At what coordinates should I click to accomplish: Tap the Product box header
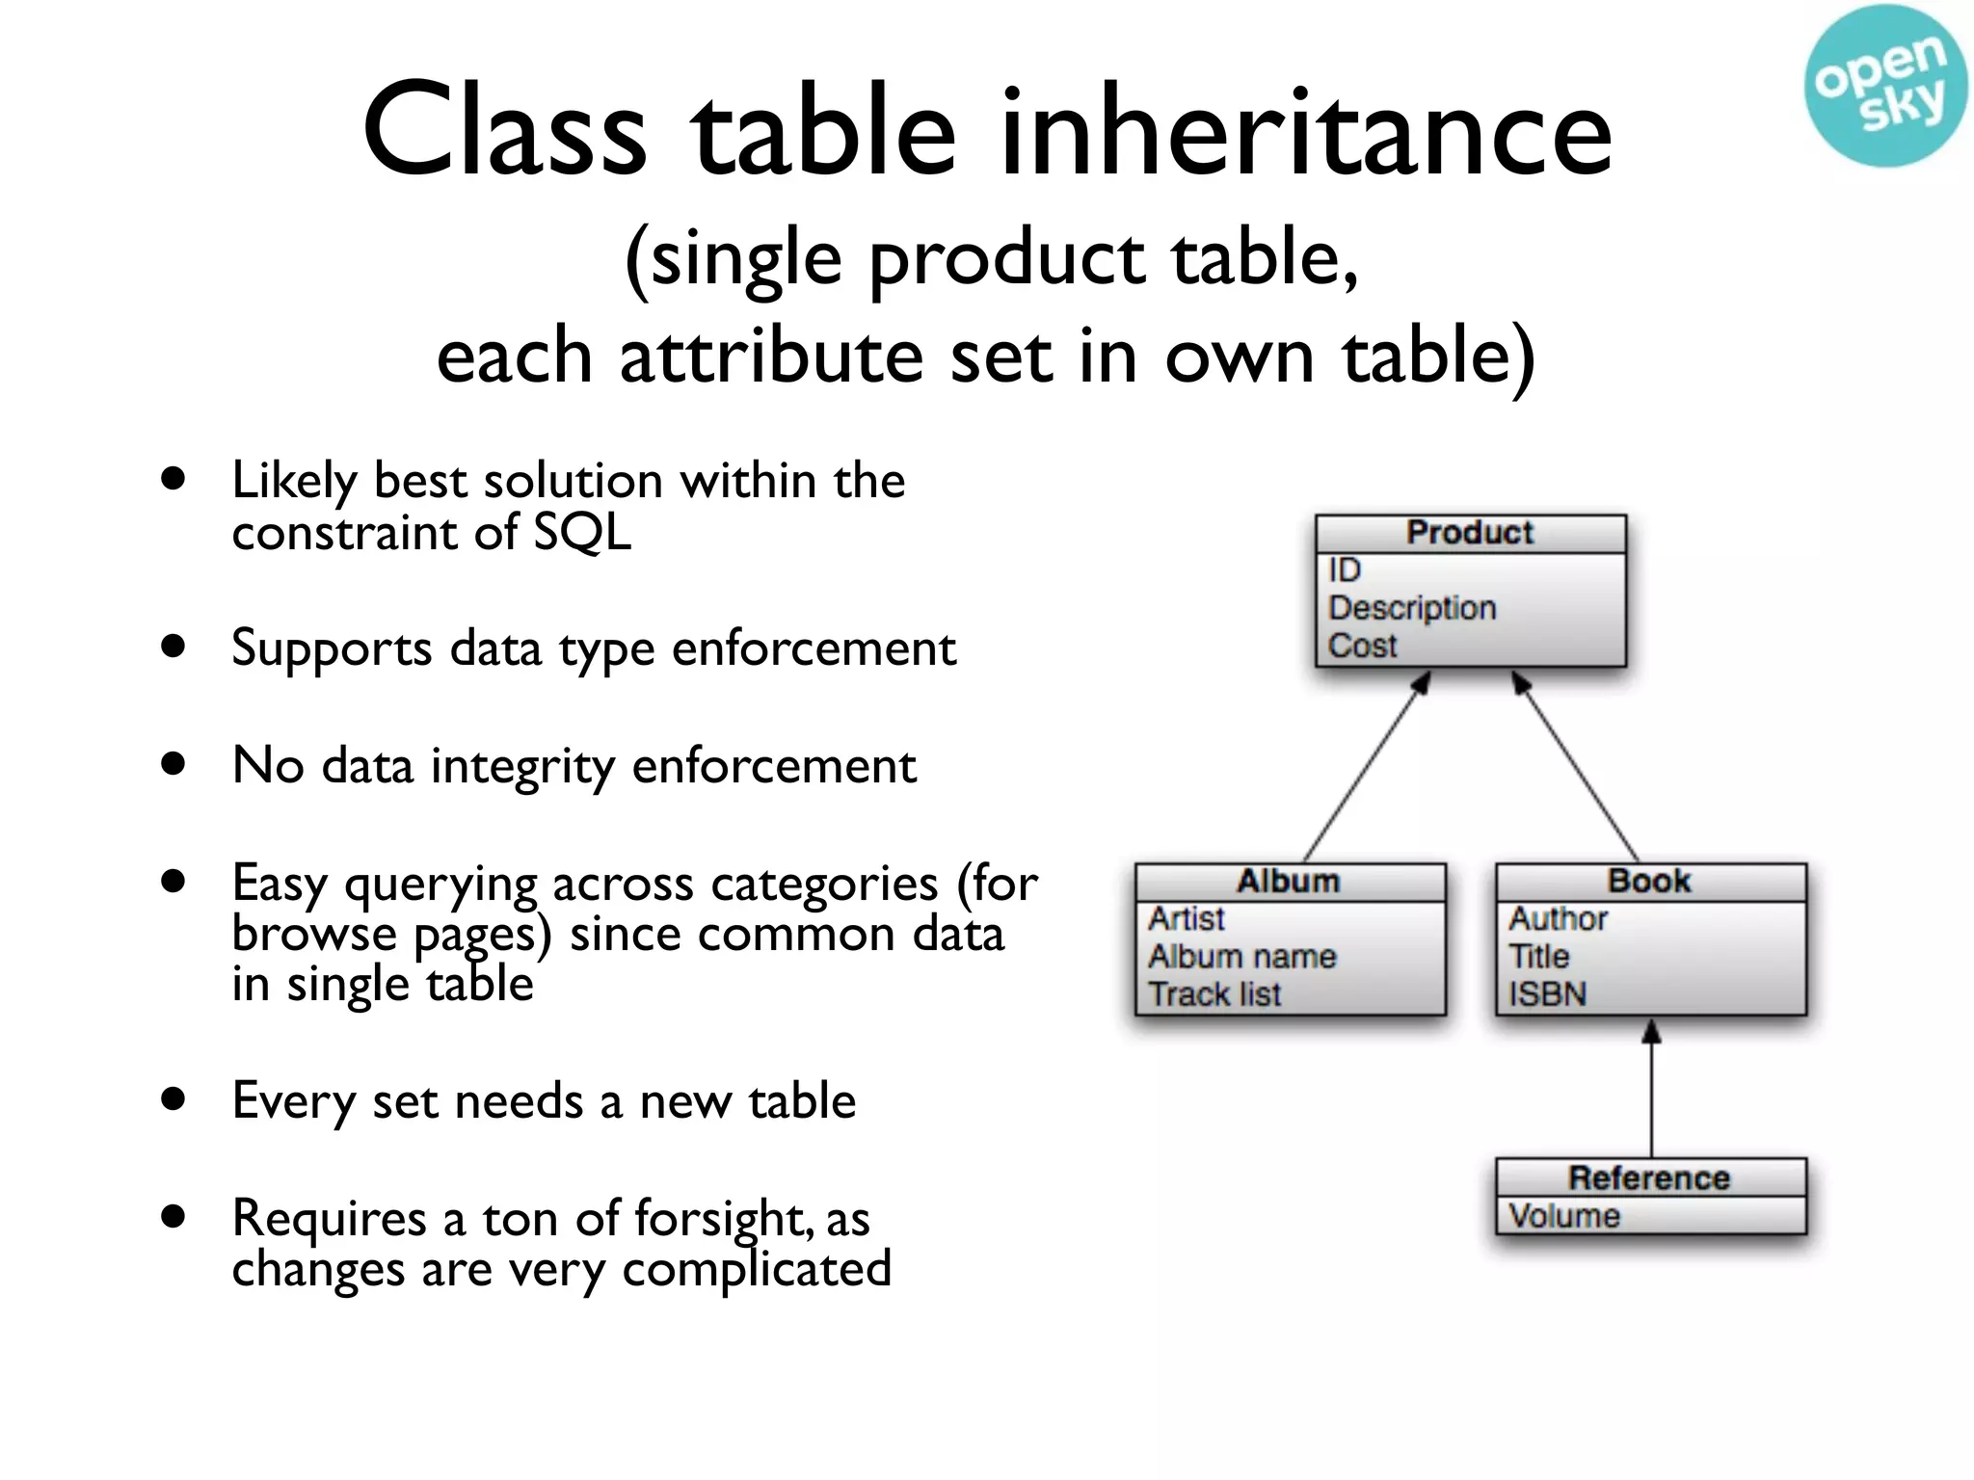[1470, 533]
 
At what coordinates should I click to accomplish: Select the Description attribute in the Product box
[1412, 608]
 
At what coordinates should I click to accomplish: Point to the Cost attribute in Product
[1362, 646]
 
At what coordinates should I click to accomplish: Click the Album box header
[1289, 882]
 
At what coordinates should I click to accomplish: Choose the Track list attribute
[1214, 994]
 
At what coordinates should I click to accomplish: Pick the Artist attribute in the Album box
[1187, 919]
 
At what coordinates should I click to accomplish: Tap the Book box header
[1649, 882]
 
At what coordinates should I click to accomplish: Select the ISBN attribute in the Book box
[1547, 994]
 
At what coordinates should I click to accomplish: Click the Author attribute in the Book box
[1558, 919]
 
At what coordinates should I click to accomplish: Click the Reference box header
[1649, 1177]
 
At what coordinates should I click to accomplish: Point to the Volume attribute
[1563, 1216]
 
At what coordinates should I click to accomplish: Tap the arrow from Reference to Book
[1651, 1089]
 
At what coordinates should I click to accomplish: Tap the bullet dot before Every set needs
[173, 1098]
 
